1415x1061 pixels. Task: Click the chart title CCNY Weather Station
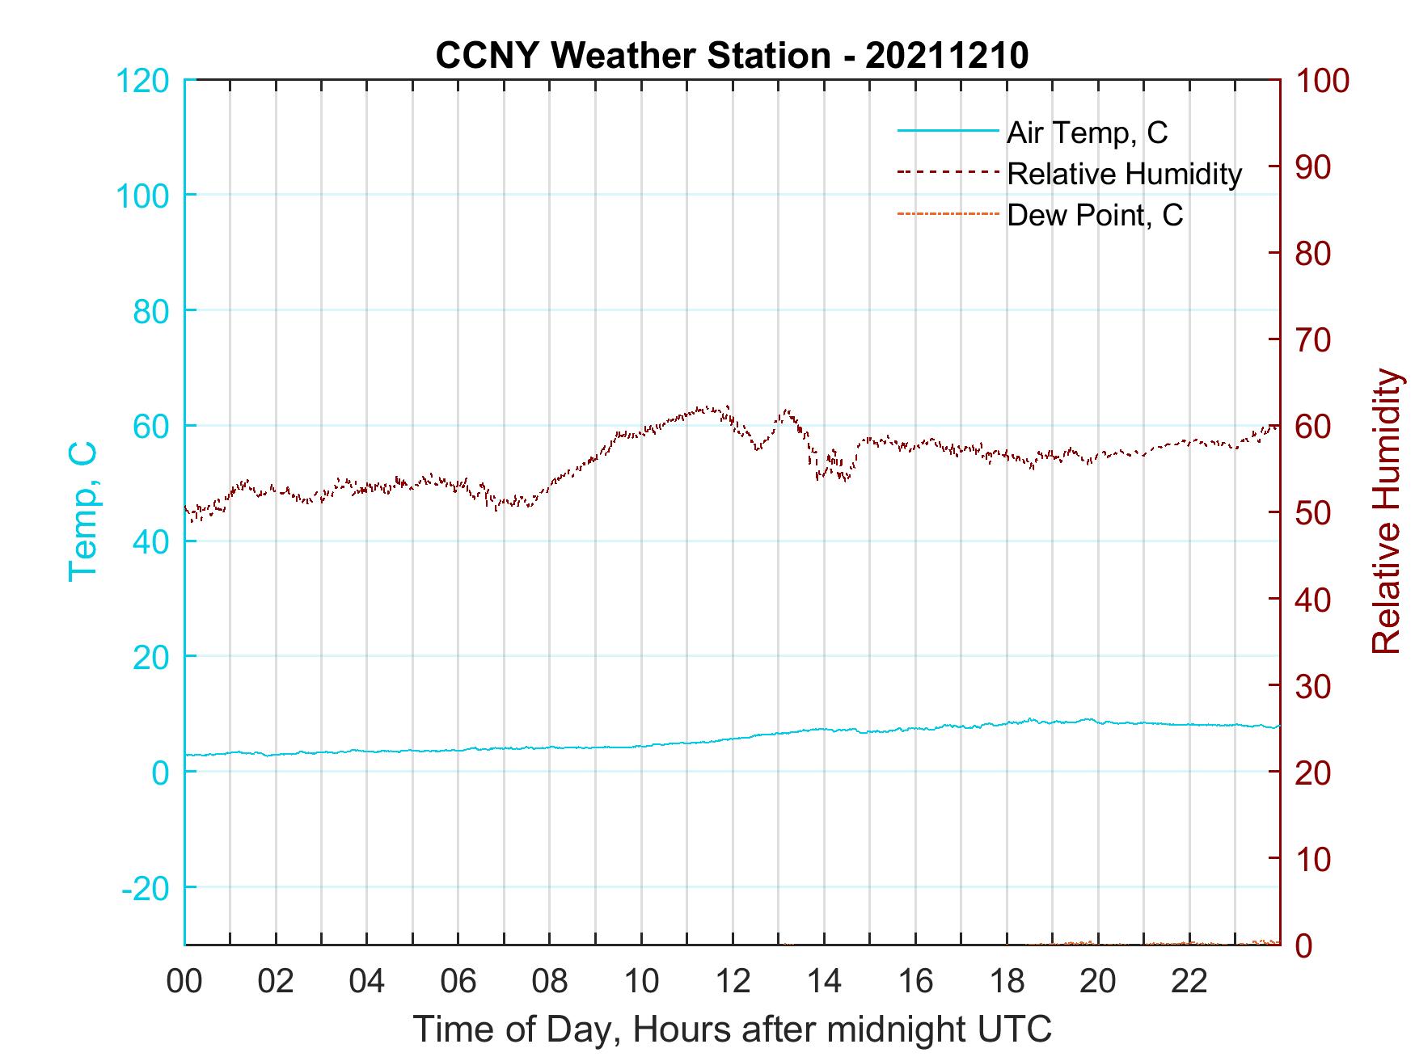point(732,56)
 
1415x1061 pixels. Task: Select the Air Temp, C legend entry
point(1087,133)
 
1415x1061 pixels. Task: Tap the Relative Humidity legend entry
point(1124,174)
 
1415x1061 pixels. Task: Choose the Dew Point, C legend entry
point(1095,215)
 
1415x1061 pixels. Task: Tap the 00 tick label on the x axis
point(185,982)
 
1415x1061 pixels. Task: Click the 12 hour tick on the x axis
point(733,982)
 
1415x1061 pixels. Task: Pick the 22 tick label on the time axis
point(1189,982)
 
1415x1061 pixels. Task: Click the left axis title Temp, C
point(83,512)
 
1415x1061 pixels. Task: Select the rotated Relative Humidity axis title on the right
point(1386,512)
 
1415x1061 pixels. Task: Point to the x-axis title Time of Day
point(732,1029)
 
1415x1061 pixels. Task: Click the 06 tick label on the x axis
point(458,982)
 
